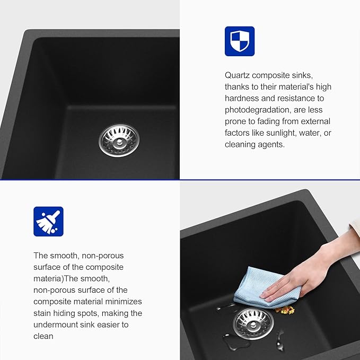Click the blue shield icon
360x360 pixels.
(x=240, y=41)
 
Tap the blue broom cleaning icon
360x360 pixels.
(x=48, y=222)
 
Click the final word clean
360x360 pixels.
(x=43, y=336)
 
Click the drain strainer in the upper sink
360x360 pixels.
(x=119, y=141)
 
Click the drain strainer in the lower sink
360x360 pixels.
(x=253, y=323)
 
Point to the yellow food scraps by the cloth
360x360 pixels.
(x=285, y=310)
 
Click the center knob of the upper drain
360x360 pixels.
(x=119, y=142)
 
